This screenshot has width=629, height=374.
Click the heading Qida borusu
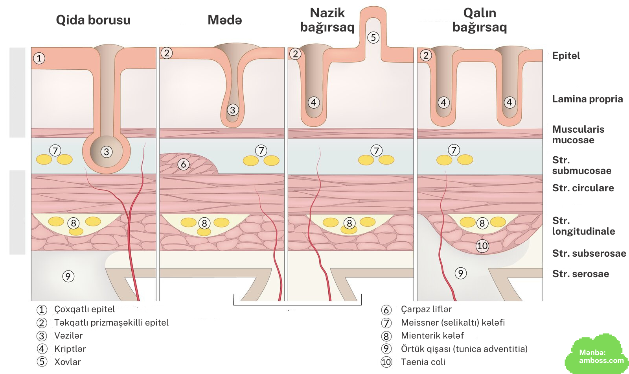93,20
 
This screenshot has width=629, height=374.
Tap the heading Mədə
224,20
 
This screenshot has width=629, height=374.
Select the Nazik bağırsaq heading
327,20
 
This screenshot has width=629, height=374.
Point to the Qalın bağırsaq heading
480,20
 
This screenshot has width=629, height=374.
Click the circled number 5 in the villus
373,38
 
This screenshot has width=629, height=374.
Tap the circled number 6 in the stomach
183,164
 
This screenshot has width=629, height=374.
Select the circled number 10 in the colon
482,246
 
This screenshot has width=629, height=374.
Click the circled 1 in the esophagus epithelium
39,58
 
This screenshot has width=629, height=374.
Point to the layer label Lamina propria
587,99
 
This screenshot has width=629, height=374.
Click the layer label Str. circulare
583,188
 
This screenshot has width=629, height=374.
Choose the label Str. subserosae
589,254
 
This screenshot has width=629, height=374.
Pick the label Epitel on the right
566,56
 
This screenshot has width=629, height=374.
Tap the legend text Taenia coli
423,362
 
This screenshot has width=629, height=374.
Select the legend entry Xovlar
67,362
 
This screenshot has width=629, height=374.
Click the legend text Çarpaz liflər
426,309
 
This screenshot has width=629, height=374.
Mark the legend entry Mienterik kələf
432,336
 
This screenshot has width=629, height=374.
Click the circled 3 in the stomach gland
233,110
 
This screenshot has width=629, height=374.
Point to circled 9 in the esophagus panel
68,276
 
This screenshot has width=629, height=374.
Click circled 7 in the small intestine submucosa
376,150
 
